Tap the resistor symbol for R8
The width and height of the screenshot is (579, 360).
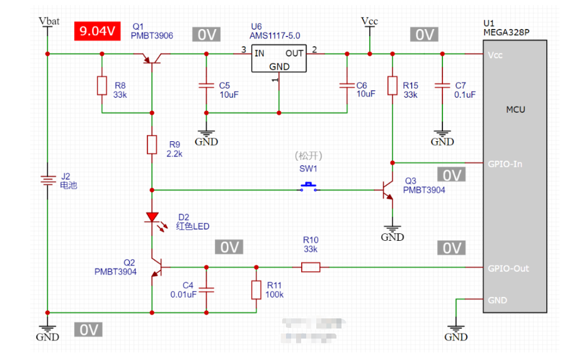[x=102, y=85]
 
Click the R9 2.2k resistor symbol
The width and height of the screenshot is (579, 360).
[x=152, y=144]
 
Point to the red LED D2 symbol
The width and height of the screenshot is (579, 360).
[x=152, y=218]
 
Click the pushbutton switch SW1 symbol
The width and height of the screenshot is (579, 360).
[x=309, y=187]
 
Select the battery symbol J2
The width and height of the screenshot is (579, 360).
[x=47, y=181]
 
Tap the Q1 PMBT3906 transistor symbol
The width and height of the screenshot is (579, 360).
[x=152, y=59]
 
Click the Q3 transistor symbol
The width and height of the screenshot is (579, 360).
[x=387, y=192]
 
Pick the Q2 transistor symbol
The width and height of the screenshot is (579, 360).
[x=156, y=269]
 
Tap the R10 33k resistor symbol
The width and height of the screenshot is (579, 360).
[x=310, y=267]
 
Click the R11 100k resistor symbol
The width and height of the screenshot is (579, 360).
[x=256, y=289]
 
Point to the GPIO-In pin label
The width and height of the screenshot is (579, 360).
[x=505, y=164]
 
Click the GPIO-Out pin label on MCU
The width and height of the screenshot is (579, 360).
[x=508, y=268]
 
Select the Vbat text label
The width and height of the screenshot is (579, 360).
[x=49, y=21]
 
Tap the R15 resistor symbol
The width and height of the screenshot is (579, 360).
[x=392, y=85]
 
